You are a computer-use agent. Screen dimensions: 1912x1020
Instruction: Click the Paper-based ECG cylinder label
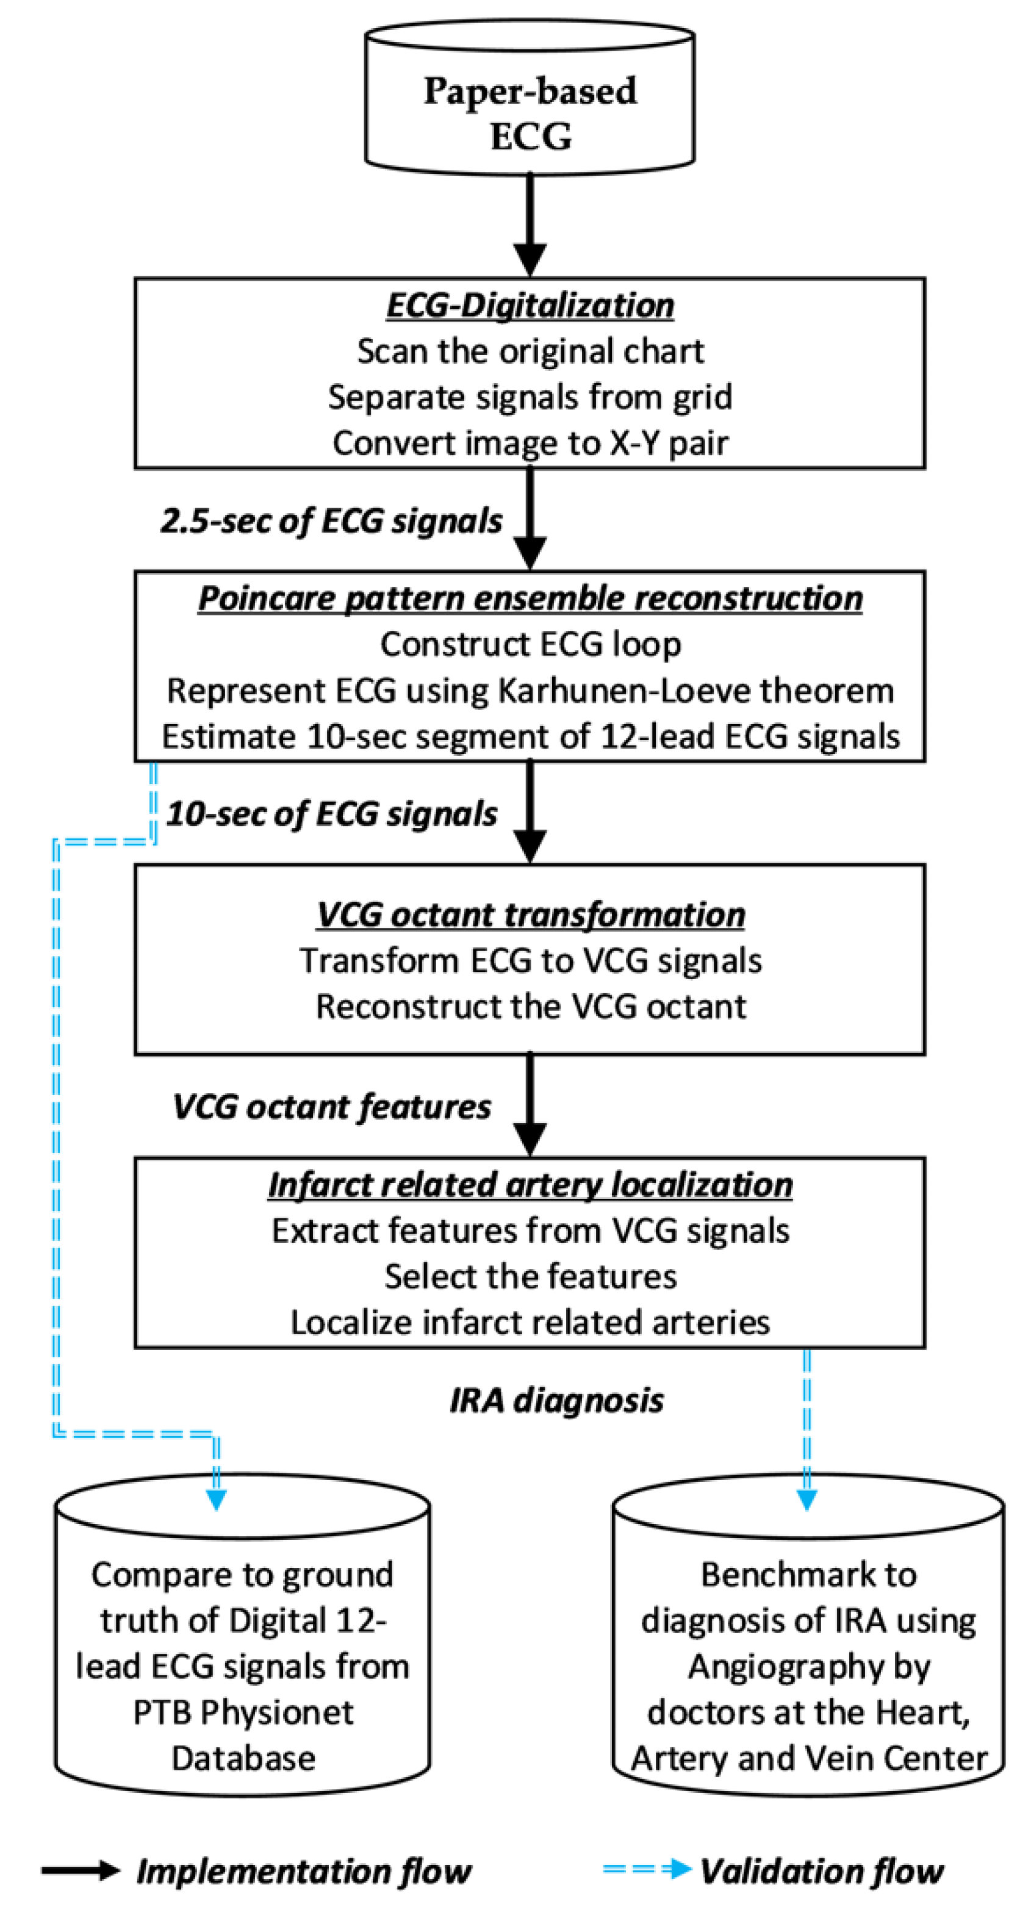(530, 113)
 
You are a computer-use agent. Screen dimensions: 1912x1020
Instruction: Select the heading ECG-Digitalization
(530, 306)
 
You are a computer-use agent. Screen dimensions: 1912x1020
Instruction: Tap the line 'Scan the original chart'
(530, 351)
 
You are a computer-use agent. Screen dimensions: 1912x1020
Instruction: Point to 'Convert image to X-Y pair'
(530, 443)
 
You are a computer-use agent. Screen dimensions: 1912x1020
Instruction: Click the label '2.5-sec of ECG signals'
(331, 520)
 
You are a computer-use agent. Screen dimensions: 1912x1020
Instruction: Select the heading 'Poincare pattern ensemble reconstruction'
(530, 598)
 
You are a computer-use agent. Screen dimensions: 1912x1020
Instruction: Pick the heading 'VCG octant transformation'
(530, 915)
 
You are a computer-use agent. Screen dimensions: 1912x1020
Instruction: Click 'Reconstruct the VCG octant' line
(530, 1007)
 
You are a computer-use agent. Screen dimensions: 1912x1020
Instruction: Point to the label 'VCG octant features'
(331, 1107)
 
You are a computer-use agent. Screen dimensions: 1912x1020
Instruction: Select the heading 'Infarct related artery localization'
(530, 1185)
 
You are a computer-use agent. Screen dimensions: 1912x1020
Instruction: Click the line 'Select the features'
(530, 1277)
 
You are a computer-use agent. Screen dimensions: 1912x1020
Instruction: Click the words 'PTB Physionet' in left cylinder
(243, 1713)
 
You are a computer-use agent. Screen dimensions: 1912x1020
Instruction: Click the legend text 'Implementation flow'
(303, 1871)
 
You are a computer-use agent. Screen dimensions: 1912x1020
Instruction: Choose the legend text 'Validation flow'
(821, 1871)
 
